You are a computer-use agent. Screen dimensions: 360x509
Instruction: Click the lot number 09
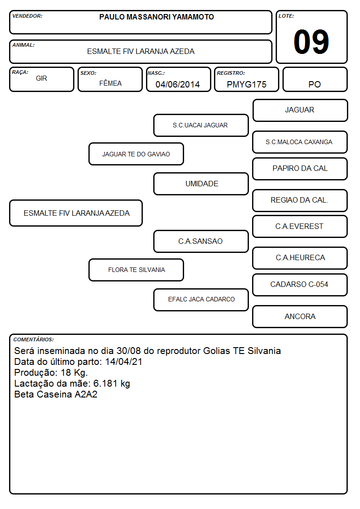[x=311, y=42]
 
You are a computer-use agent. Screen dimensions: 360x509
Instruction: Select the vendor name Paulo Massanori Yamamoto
[x=156, y=17]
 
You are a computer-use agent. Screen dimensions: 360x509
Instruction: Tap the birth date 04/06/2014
[x=178, y=84]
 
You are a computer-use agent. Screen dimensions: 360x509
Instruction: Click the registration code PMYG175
[x=246, y=84]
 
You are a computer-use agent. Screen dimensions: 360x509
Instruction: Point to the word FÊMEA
[x=110, y=83]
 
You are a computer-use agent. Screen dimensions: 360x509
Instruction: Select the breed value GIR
[x=41, y=78]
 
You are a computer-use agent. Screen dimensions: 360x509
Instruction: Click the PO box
[x=315, y=79]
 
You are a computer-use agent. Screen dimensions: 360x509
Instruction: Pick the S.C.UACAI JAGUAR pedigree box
[x=201, y=125]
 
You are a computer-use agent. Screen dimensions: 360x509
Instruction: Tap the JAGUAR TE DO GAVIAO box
[x=136, y=154]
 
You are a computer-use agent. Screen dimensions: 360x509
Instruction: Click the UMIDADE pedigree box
[x=201, y=184]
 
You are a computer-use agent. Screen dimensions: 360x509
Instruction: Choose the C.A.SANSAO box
[x=201, y=241]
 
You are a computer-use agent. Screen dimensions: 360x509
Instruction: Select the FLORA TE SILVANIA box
[x=136, y=270]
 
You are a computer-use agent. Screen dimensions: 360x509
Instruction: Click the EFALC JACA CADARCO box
[x=201, y=300]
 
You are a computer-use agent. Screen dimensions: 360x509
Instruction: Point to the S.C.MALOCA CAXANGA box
[x=300, y=142]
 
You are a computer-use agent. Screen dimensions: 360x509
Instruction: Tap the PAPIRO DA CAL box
[x=300, y=169]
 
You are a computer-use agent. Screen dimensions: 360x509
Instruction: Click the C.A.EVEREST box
[x=300, y=226]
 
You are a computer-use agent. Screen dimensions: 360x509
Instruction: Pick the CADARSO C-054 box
[x=300, y=285]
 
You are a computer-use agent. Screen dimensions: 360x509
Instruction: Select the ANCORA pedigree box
[x=300, y=316]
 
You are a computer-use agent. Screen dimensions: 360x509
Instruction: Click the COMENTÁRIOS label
[x=34, y=339]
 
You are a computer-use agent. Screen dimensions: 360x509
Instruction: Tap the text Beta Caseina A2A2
[x=55, y=394]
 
